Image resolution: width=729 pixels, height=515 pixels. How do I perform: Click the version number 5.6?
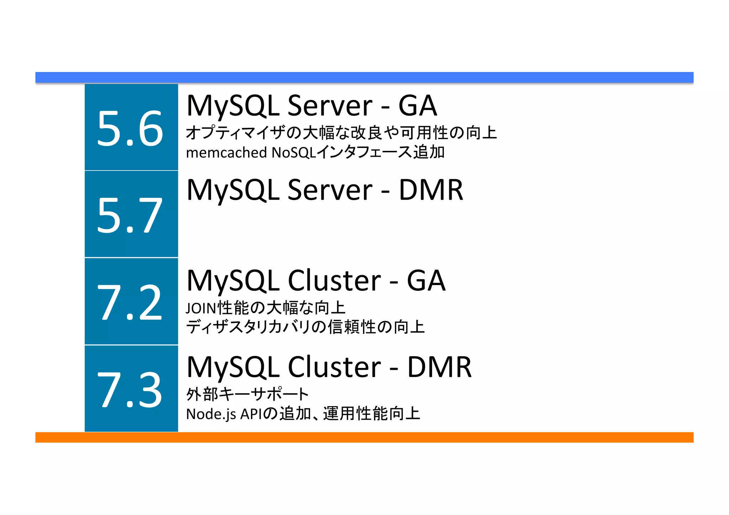click(130, 128)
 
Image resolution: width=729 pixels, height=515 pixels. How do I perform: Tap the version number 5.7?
click(130, 215)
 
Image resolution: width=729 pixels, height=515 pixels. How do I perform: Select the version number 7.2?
click(130, 303)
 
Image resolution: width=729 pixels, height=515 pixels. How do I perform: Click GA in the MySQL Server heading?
click(417, 106)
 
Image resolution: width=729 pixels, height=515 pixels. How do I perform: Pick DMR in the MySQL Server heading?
click(431, 190)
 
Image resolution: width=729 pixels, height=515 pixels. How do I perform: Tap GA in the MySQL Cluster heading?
click(426, 281)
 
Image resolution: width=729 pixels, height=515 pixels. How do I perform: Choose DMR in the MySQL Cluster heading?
click(439, 367)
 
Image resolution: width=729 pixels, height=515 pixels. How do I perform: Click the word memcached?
click(226, 153)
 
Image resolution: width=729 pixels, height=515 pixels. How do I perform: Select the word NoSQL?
click(294, 153)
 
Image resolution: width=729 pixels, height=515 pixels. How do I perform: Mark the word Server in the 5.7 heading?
click(330, 190)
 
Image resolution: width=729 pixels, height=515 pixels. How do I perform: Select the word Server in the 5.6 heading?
click(330, 106)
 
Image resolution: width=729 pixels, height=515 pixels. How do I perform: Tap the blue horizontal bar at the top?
click(364, 77)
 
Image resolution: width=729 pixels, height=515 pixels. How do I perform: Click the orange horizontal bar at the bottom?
click(364, 437)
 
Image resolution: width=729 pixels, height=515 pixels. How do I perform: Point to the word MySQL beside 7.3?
click(233, 367)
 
